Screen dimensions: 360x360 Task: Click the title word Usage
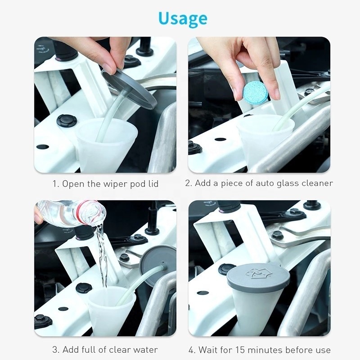coord(183,18)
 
